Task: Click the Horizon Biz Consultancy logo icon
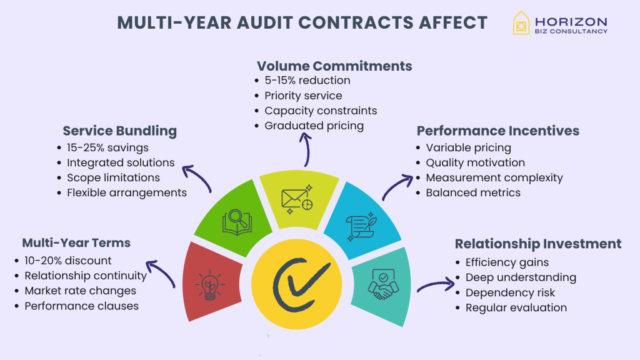tap(521, 23)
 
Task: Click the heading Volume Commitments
tap(334, 66)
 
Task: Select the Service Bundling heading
tap(119, 131)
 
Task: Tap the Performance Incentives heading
tap(497, 131)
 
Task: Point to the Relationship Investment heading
tap(537, 244)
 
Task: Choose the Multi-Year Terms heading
tap(76, 242)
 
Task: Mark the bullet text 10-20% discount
tap(68, 261)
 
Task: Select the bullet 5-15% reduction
tap(307, 81)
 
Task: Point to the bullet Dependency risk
tap(510, 292)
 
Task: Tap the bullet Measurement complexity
tap(494, 178)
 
